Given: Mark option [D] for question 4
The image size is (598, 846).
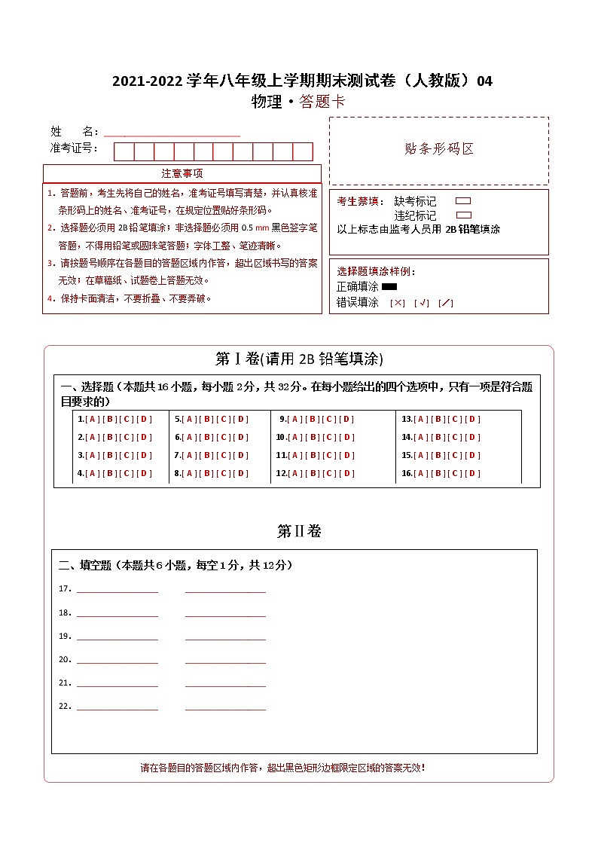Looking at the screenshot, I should (145, 474).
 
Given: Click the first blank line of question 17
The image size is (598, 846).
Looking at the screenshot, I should (117, 591).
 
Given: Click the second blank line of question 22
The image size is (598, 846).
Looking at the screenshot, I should (225, 709).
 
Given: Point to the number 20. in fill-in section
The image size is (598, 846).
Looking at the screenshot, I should (65, 660).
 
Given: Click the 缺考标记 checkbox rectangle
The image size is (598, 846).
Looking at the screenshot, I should (463, 201).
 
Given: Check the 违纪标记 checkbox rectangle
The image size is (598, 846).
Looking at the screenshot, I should (463, 215).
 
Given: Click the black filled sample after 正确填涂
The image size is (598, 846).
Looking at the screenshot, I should (389, 287).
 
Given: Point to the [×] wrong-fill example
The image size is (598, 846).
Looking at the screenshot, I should (398, 303).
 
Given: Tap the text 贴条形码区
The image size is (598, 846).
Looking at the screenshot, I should (439, 149).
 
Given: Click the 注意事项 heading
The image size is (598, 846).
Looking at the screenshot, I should (182, 174).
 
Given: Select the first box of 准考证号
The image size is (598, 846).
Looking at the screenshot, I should (124, 151).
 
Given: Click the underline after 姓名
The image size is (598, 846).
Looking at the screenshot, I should (172, 135).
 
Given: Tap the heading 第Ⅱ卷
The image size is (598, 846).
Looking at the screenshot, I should (299, 532).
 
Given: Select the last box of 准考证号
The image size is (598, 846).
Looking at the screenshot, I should (303, 151).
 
